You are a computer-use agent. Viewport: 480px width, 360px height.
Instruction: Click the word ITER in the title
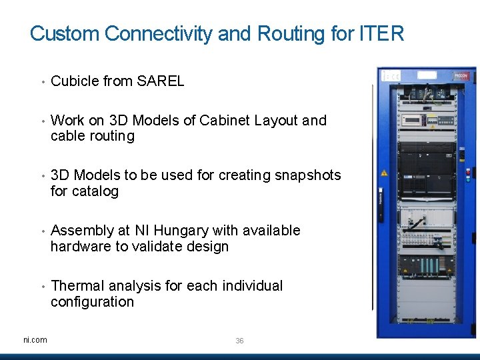(x=382, y=33)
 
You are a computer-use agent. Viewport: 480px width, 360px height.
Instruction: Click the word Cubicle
(x=75, y=81)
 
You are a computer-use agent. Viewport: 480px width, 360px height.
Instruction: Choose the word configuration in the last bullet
(x=92, y=302)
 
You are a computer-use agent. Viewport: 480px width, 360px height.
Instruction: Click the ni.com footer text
(x=35, y=340)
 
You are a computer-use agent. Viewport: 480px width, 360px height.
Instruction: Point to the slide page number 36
(x=239, y=341)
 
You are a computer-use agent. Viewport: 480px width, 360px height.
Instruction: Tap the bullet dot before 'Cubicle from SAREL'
(x=41, y=83)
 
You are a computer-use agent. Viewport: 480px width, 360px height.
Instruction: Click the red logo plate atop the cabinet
(x=461, y=77)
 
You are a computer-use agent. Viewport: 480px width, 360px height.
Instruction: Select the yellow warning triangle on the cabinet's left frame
(x=385, y=172)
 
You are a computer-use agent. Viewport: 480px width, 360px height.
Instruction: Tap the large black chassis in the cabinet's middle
(x=426, y=170)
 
